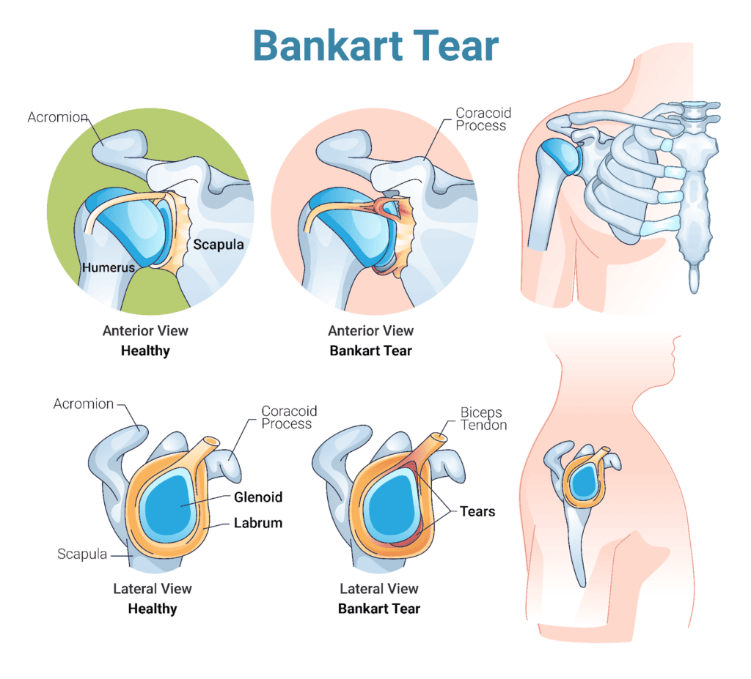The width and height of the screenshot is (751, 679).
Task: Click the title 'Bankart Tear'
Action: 375,45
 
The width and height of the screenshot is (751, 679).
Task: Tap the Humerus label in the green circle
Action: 108,267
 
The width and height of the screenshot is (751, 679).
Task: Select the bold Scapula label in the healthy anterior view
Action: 218,245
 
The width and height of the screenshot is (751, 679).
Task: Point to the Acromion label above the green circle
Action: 58,117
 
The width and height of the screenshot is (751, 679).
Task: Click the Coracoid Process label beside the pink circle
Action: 482,119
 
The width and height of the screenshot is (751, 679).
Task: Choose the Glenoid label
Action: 257,497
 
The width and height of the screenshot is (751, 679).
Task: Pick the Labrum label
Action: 257,523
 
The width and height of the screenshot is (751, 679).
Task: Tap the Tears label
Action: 477,511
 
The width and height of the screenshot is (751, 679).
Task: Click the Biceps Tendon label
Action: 483,418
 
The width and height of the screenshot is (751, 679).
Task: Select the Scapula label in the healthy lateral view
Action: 81,554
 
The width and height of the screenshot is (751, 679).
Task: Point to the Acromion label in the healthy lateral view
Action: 84,404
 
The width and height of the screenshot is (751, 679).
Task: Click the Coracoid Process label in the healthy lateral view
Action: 289,418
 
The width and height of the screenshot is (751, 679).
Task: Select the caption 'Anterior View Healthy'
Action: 145,341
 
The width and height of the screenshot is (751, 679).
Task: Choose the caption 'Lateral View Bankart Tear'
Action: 378,598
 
